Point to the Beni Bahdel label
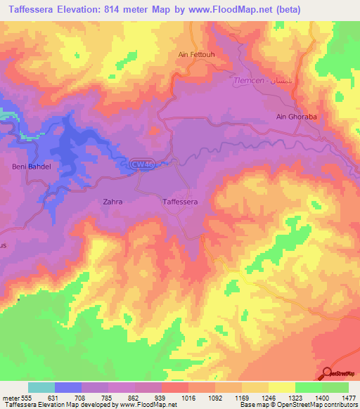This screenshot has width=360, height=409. [29, 166]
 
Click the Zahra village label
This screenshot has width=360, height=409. [112, 202]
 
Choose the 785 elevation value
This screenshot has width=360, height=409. [108, 397]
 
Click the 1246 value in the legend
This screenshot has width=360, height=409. [268, 397]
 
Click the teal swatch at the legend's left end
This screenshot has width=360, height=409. [41, 387]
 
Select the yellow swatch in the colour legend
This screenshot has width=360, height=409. [281, 387]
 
